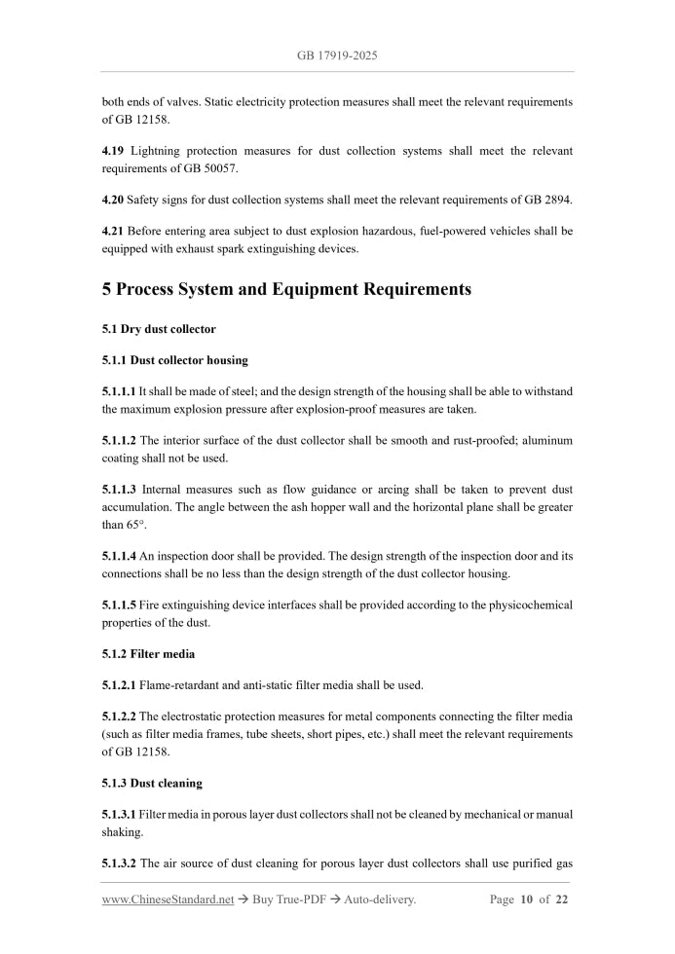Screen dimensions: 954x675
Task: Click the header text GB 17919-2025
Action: (337, 56)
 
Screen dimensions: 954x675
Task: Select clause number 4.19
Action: (115, 151)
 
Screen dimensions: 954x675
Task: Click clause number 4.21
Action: (115, 231)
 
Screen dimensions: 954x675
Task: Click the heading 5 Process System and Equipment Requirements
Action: (286, 289)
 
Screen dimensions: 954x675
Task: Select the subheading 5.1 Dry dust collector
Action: (159, 329)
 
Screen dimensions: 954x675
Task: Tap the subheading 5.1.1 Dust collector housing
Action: (174, 360)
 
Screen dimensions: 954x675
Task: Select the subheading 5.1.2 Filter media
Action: (148, 653)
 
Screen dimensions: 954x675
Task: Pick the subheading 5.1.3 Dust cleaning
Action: (152, 783)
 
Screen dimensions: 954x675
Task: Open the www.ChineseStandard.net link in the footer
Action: (168, 899)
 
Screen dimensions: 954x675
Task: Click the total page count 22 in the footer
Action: (561, 899)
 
